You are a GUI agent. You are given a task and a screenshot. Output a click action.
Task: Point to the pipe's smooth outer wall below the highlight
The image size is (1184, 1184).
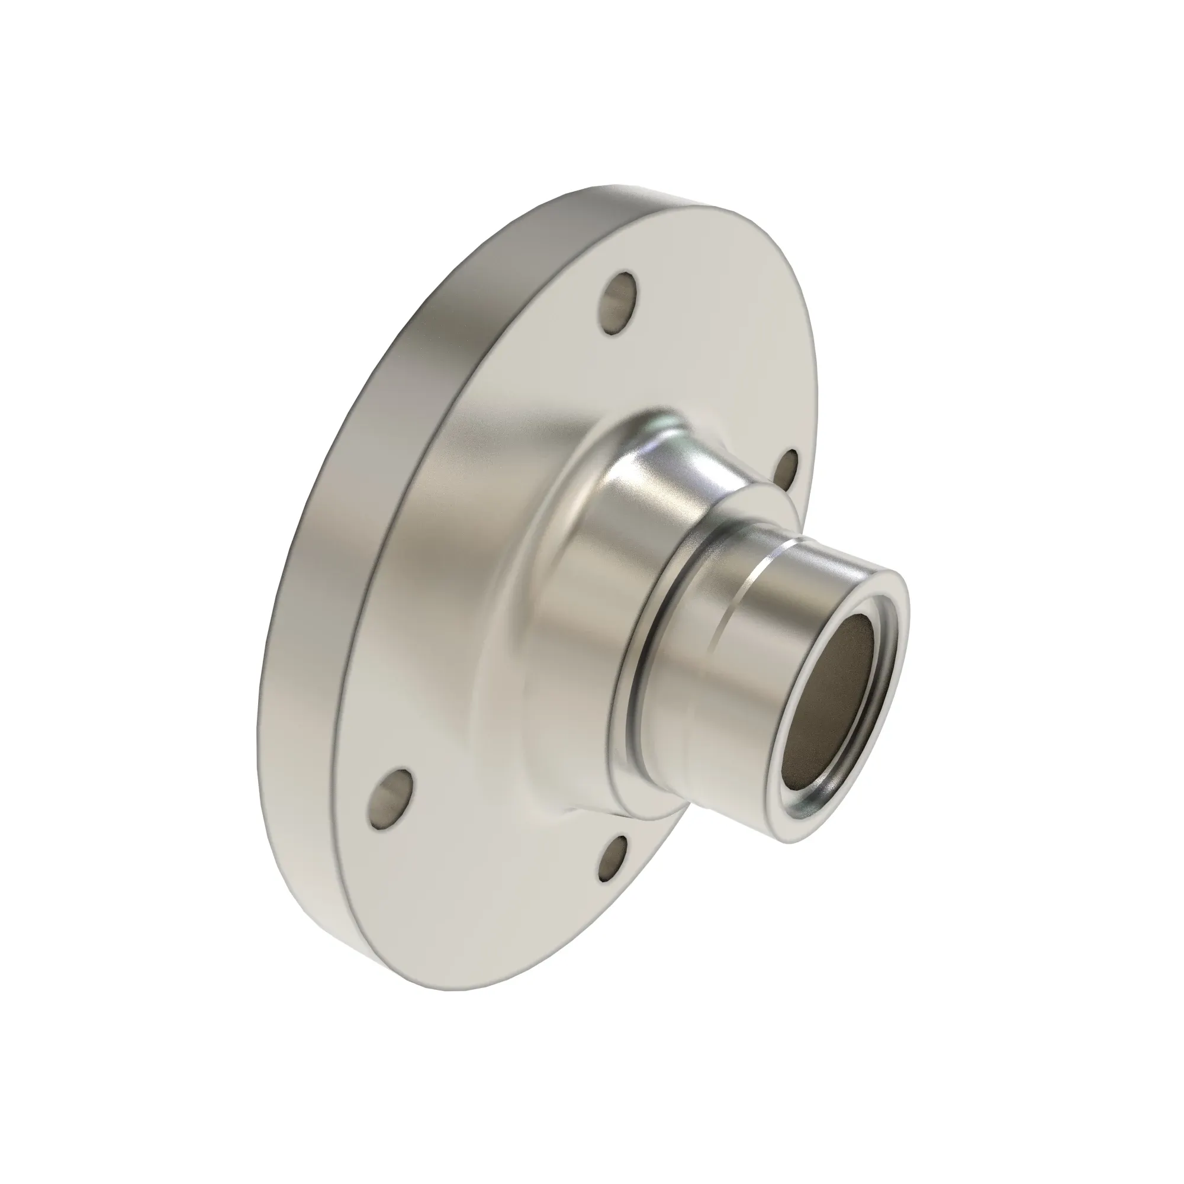pos(735,704)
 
